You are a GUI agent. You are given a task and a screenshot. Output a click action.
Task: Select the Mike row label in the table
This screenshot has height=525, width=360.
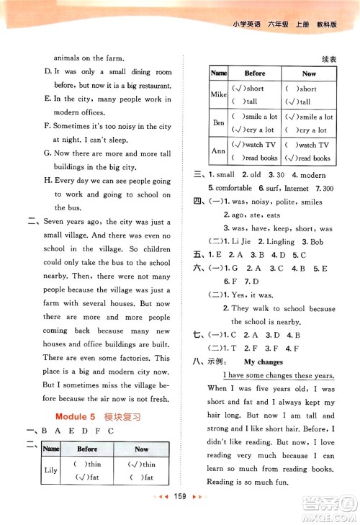[x=218, y=94]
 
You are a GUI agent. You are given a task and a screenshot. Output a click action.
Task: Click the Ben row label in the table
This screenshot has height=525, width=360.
[x=218, y=123]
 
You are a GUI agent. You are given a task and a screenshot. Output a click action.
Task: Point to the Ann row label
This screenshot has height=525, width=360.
[x=218, y=151]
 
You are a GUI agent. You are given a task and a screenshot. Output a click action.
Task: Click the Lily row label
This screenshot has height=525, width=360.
[x=50, y=470]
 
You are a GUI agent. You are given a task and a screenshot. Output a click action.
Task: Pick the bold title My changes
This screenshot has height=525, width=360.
[x=264, y=362]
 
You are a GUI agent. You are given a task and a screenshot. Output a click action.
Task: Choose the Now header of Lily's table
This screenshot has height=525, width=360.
[x=141, y=449]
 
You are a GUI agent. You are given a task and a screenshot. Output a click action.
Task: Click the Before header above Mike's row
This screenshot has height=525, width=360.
[x=255, y=73]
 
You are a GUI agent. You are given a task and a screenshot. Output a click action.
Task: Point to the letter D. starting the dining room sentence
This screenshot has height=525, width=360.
[x=48, y=72]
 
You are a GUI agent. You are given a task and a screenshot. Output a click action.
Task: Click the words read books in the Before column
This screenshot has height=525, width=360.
[x=259, y=158]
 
